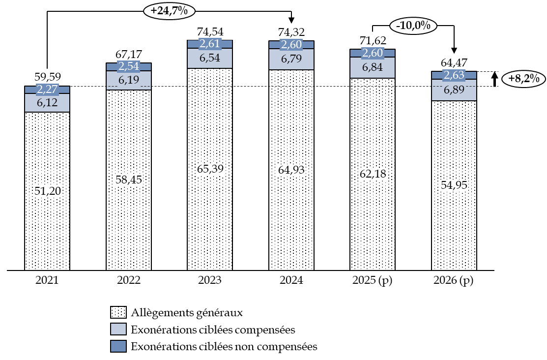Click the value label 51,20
coord(48,191)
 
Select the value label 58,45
coord(129,180)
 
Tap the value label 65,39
coord(210,169)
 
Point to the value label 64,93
coord(291,170)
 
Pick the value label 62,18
coord(373,174)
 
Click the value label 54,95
coord(454,185)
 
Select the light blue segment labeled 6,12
coord(47,103)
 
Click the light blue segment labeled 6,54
coord(210,58)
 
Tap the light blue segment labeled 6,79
coord(291,60)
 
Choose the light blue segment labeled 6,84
coord(373,67)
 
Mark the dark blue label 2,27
coord(47,90)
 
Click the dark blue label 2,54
coord(129,67)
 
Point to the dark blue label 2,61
coord(210,44)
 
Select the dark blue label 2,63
coord(454,75)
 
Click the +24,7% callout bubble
coord(169,11)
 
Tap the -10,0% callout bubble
coord(413,26)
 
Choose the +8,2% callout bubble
coord(523,79)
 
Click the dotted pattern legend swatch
coord(118,312)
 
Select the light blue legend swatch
coord(118,329)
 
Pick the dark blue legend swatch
coord(118,346)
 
